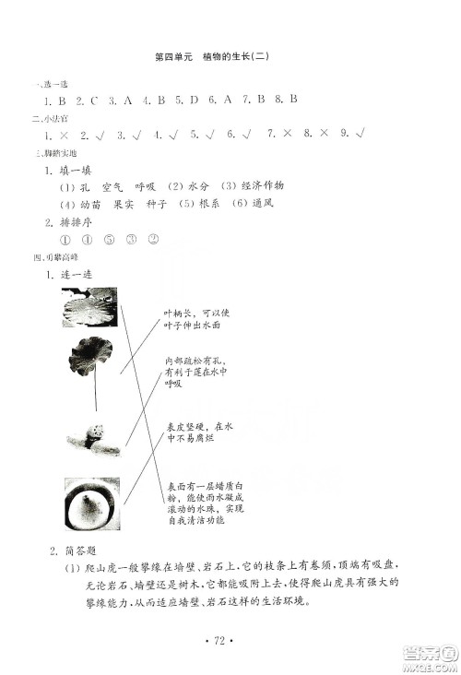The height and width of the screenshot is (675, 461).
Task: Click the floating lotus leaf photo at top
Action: pos(89,305)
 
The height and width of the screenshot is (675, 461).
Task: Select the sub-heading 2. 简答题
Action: pos(69,551)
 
